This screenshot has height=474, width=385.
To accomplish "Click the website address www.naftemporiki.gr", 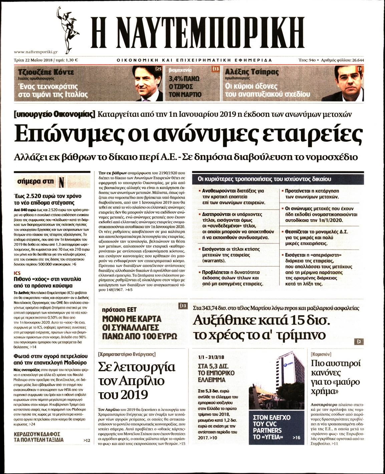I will point(36,52).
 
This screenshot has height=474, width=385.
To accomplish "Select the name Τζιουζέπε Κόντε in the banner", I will point(46,72).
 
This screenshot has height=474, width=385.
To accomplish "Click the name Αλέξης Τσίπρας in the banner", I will point(252,72).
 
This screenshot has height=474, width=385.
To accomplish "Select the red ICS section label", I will point(17,273).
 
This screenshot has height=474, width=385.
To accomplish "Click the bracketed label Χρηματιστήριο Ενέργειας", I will point(127,354).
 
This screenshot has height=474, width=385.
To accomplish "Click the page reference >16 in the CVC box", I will point(296,437).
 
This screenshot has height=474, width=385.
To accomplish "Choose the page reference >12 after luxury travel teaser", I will point(87,441).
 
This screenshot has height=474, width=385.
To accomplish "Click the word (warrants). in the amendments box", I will point(214,260).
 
